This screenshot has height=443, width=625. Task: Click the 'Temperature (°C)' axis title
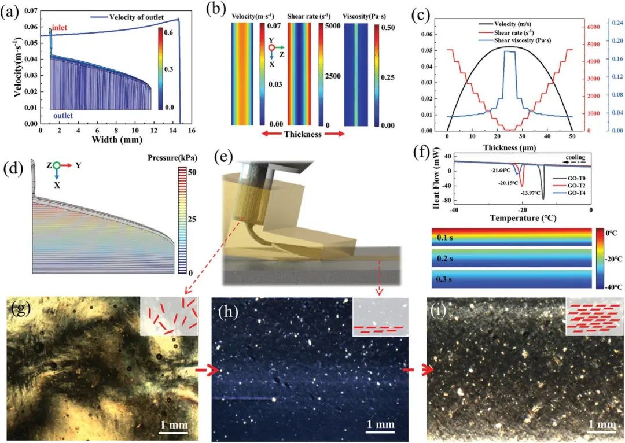click(523, 219)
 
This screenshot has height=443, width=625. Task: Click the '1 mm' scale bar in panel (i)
click(601, 425)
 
